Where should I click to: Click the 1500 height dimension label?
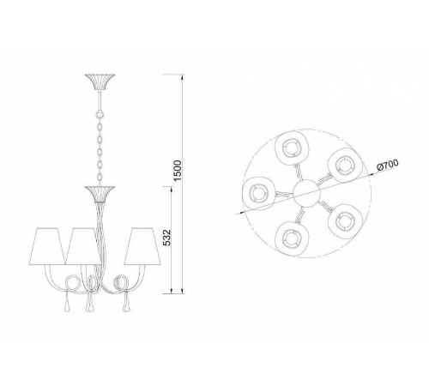coord(178,171)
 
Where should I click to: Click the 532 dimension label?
coord(166,238)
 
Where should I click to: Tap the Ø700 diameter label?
coord(387,165)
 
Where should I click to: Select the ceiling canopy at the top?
coord(100,81)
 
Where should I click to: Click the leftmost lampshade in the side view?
coord(46,246)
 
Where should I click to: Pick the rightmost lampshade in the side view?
coord(142,245)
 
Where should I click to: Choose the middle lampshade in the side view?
coord(83,246)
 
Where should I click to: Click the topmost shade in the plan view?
coord(292,148)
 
